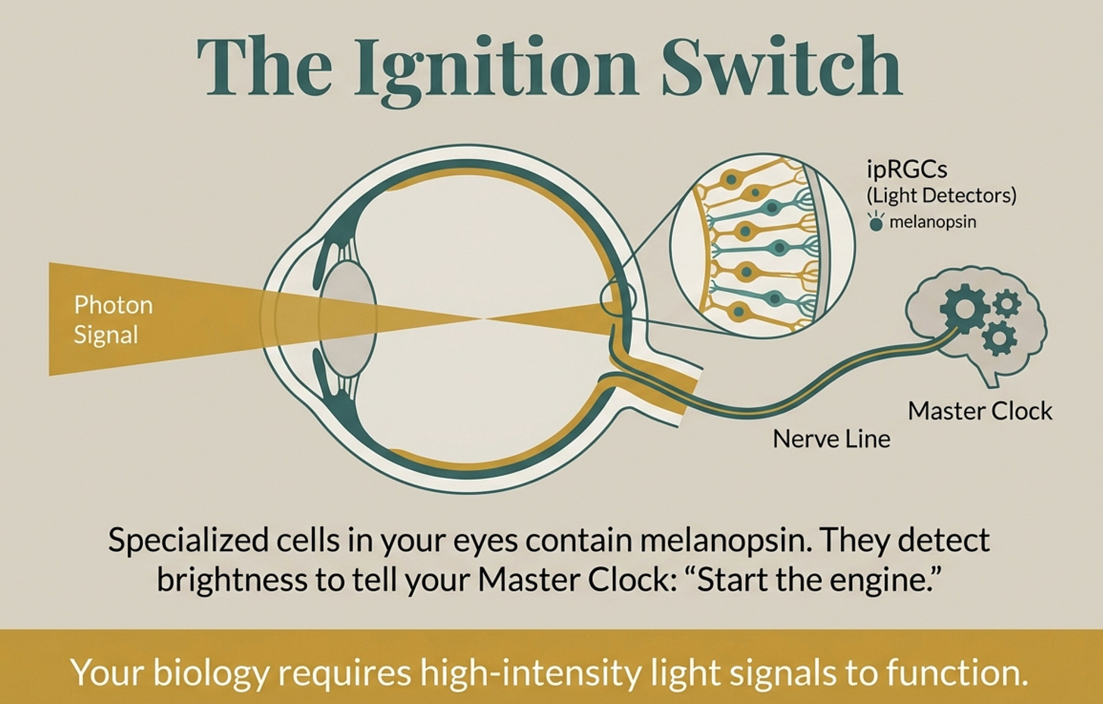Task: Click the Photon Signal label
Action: [x=113, y=319]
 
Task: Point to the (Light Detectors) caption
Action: [x=941, y=195]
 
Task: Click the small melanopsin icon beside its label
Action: [x=876, y=222]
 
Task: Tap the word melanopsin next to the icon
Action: [x=933, y=222]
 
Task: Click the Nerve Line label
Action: [x=831, y=438]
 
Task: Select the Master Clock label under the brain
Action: [x=980, y=410]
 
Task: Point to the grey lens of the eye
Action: [x=348, y=318]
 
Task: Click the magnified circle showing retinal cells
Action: [x=763, y=244]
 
